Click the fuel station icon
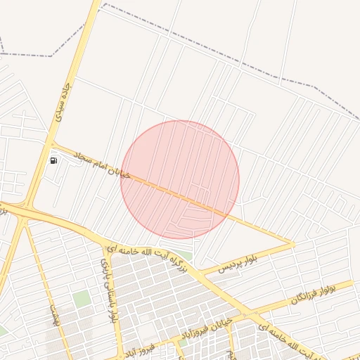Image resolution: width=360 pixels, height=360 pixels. pos(54,160)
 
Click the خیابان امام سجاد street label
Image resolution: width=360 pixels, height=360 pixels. pos(92,162)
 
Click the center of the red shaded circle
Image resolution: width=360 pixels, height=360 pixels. pos(180,179)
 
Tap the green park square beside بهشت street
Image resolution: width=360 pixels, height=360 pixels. pos(82,298)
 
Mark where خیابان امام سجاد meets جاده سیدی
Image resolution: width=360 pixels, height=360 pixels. pos(51,144)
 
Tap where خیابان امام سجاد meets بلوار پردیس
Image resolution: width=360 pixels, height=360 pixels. pos(291,243)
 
